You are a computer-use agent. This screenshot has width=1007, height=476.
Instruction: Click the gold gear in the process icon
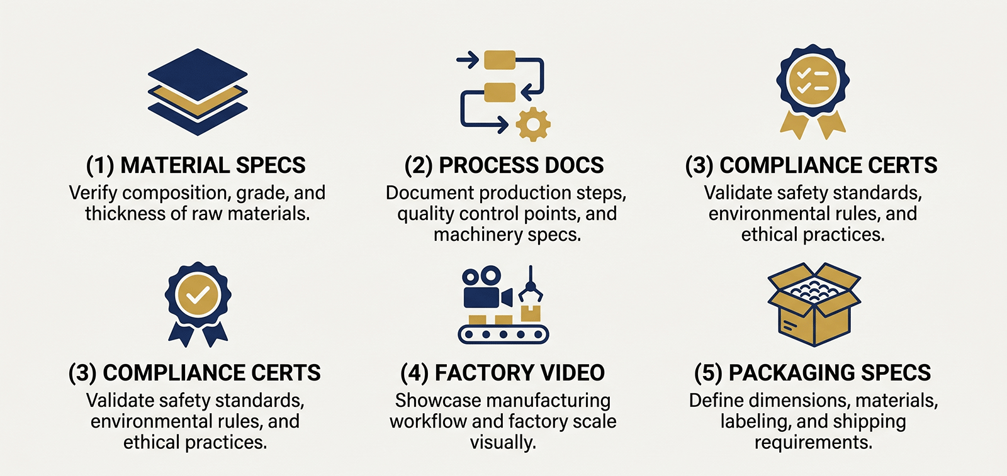tap(533, 125)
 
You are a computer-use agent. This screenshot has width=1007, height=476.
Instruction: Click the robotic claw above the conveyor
tap(531, 285)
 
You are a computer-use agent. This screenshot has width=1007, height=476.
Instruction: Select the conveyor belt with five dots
tap(503, 335)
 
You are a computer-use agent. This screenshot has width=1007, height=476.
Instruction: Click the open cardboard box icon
tap(814, 304)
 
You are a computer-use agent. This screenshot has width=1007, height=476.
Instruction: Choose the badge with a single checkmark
tap(198, 304)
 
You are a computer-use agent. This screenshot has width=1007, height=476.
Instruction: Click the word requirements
tap(813, 443)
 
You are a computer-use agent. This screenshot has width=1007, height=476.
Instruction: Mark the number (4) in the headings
tap(415, 373)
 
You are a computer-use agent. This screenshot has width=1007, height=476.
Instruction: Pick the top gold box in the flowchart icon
tap(500, 60)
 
